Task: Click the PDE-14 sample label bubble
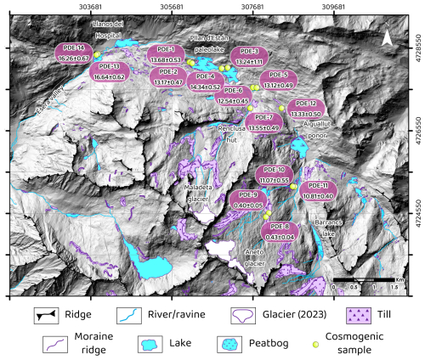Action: click(74, 53)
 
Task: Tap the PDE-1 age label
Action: click(167, 56)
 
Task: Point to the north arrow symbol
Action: click(386, 39)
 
